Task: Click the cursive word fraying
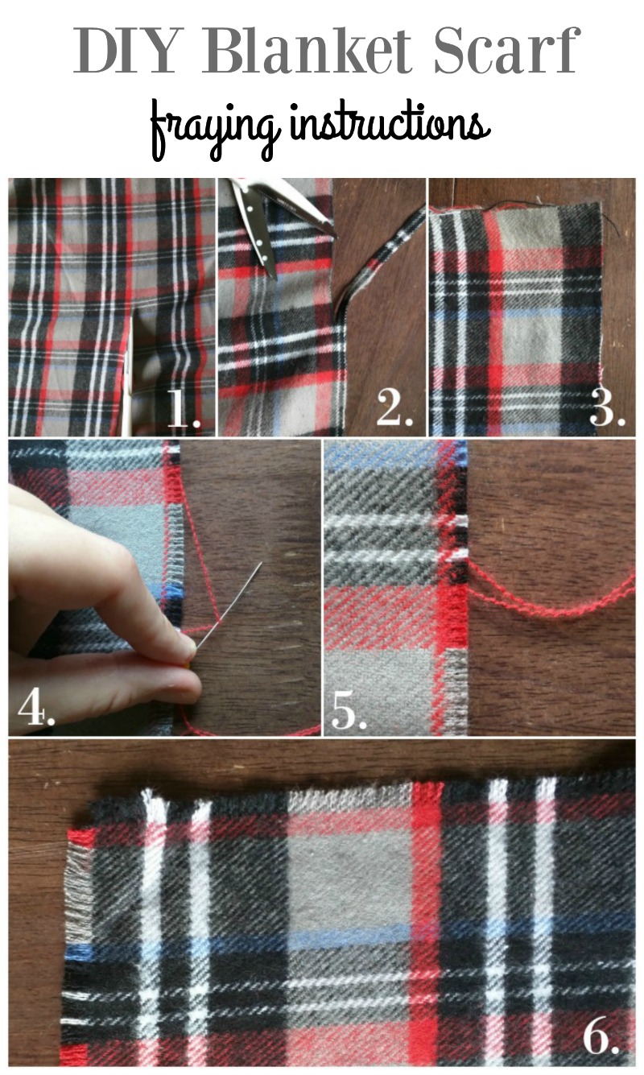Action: (213, 130)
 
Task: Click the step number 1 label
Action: (184, 408)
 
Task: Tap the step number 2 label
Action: (394, 408)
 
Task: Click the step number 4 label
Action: (36, 706)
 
